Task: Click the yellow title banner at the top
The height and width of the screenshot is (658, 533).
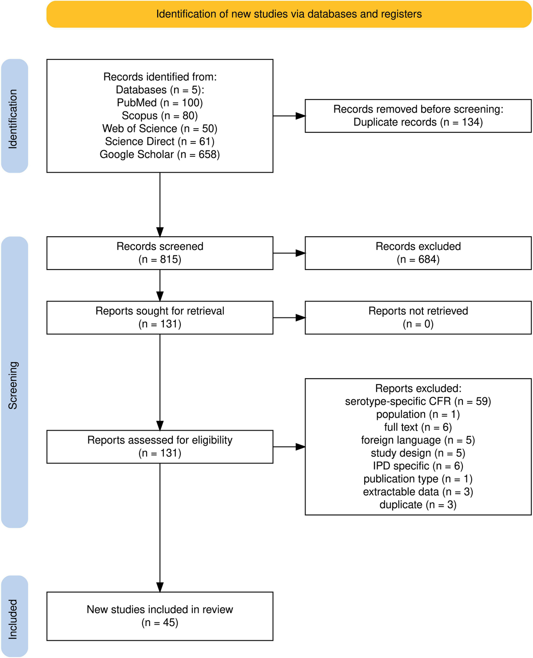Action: (x=289, y=14)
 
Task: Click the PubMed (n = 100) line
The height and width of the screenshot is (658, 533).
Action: (x=159, y=103)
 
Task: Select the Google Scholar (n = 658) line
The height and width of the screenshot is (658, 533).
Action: (x=159, y=155)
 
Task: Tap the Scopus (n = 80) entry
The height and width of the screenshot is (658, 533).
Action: (x=159, y=115)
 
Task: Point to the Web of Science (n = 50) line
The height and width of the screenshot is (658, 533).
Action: (x=159, y=129)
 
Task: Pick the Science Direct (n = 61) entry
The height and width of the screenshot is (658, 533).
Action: (x=159, y=142)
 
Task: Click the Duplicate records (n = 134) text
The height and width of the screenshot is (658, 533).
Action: (x=418, y=122)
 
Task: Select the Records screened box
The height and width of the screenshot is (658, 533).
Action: (x=159, y=253)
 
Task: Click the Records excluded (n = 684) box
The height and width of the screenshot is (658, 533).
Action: (x=418, y=253)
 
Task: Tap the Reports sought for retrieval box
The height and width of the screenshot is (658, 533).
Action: (x=159, y=317)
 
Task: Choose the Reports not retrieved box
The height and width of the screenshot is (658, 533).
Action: (x=418, y=317)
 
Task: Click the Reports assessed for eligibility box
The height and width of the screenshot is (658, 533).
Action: (x=159, y=447)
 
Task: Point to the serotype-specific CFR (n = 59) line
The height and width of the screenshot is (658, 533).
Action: (x=418, y=401)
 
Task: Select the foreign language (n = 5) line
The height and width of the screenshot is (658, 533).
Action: (x=418, y=440)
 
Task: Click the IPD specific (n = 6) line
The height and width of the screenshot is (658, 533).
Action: (x=418, y=466)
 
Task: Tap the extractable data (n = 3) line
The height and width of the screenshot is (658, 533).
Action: (x=418, y=492)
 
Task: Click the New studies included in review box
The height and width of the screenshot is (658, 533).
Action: (x=159, y=616)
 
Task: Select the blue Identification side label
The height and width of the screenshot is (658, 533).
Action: (x=14, y=116)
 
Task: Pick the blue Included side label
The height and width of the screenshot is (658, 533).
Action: (x=14, y=616)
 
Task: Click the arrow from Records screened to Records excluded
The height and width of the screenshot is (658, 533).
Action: (x=289, y=253)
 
